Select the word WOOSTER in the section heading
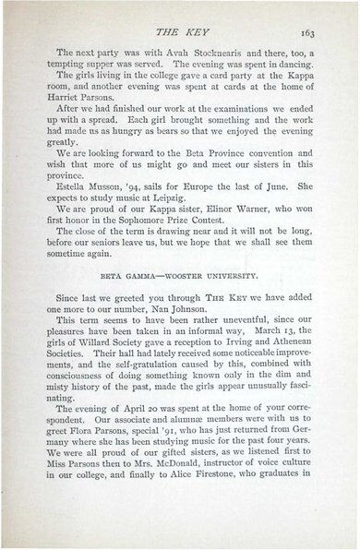195,301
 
